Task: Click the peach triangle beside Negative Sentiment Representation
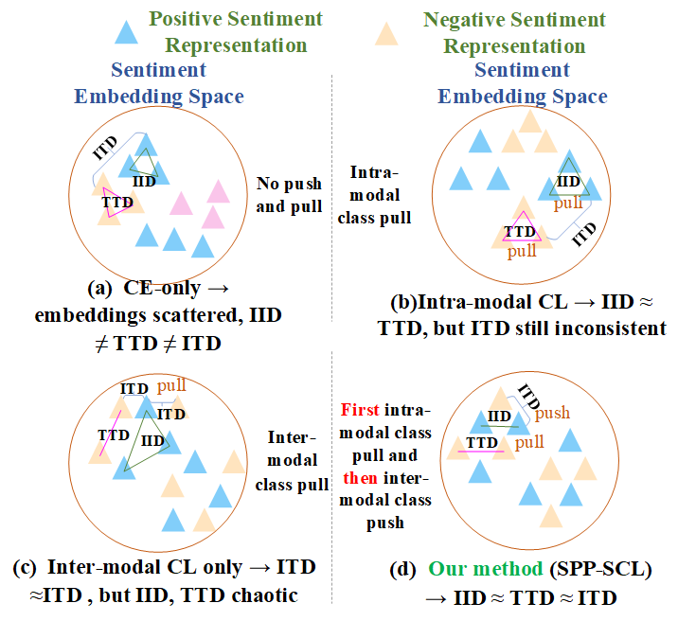point(385,33)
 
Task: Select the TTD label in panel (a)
point(116,202)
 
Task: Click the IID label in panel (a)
point(146,181)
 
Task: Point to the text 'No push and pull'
point(290,195)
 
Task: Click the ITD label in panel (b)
point(586,234)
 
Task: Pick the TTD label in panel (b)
point(520,231)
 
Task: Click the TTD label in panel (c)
point(115,434)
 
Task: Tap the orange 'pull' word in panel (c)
point(171,385)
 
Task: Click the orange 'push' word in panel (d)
point(553,414)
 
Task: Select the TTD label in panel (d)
point(482,442)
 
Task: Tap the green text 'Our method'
point(484,571)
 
